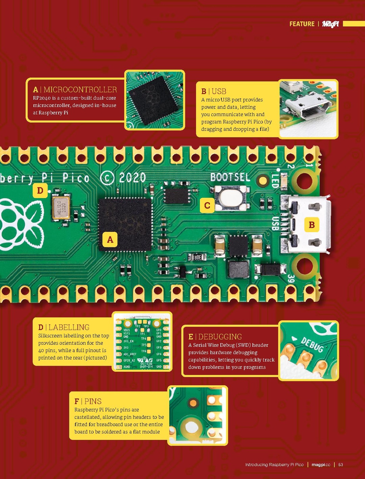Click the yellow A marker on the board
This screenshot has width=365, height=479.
110,239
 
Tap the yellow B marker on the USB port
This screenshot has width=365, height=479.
312,225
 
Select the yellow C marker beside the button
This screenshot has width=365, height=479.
207,205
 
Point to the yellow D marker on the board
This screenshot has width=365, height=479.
40,191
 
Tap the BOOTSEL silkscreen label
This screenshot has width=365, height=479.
230,177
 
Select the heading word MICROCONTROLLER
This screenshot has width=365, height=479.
80,90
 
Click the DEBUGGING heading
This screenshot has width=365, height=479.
220,337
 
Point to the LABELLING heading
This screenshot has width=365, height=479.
69,327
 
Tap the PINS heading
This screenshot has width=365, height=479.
93,401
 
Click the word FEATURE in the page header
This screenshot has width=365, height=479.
302,24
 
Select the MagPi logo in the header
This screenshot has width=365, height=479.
330,24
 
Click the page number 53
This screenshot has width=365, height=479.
341,465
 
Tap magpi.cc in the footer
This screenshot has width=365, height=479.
321,465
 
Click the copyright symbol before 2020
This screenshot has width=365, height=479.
107,178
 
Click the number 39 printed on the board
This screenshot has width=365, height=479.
291,279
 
